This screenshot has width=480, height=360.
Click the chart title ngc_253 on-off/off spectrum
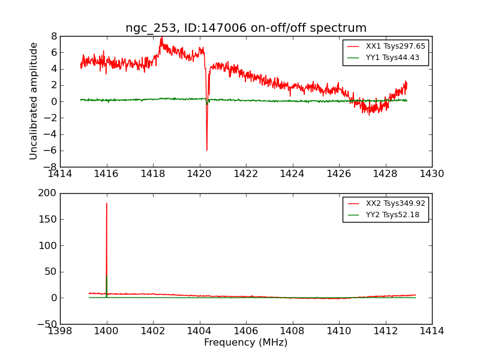pyautogui.click(x=246, y=28)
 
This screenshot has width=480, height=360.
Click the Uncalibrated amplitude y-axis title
pyautogui.click(x=34, y=101)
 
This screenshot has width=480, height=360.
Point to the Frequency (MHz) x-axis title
pyautogui.click(x=246, y=343)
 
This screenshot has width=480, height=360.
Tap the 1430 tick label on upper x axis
pyautogui.click(x=432, y=174)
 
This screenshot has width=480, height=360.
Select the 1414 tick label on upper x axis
pyautogui.click(x=60, y=174)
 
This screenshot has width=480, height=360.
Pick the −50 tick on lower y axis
pyautogui.click(x=46, y=324)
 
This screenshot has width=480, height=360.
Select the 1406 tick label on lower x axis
pyautogui.click(x=246, y=331)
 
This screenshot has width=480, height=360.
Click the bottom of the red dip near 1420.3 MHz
pyautogui.click(x=206, y=150)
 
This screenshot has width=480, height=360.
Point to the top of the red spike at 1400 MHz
pyautogui.click(x=107, y=203)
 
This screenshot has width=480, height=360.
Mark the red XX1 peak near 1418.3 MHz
pyautogui.click(x=161, y=37)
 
